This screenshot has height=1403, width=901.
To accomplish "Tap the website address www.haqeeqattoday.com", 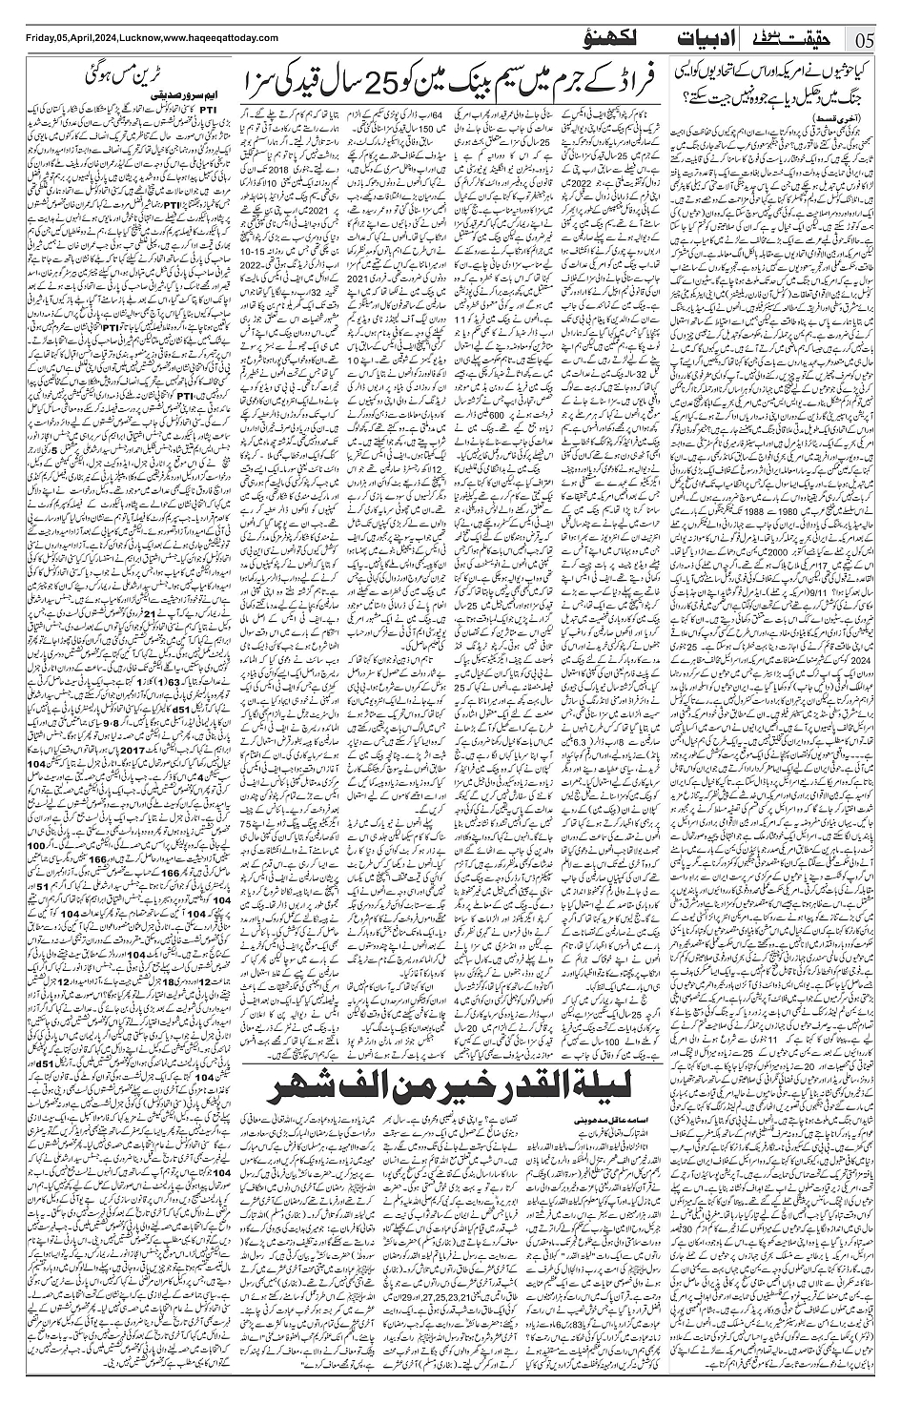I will click(x=219, y=37).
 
